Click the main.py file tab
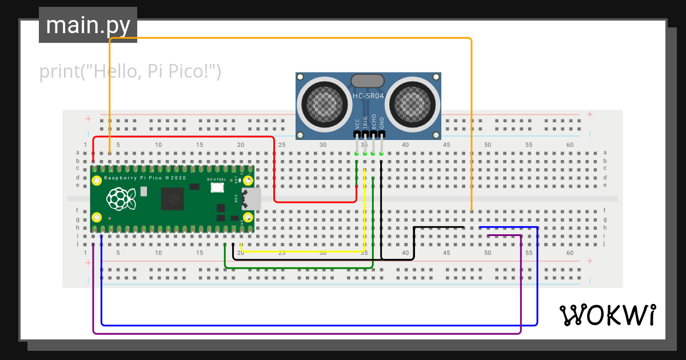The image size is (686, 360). point(87,25)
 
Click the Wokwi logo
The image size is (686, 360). point(607,315)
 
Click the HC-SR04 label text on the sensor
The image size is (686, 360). point(368,96)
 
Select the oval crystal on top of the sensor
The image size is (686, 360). point(368,81)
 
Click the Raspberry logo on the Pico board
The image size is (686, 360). point(121,199)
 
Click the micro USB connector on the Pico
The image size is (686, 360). point(252,199)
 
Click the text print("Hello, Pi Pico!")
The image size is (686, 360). point(130,71)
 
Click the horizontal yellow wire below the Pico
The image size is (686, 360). point(303,251)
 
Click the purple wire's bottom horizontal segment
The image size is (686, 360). point(307,333)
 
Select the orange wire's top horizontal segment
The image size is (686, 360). point(290,38)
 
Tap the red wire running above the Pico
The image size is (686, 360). point(183,137)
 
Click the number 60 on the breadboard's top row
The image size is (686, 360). point(570,145)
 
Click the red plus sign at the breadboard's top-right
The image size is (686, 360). point(590,114)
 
